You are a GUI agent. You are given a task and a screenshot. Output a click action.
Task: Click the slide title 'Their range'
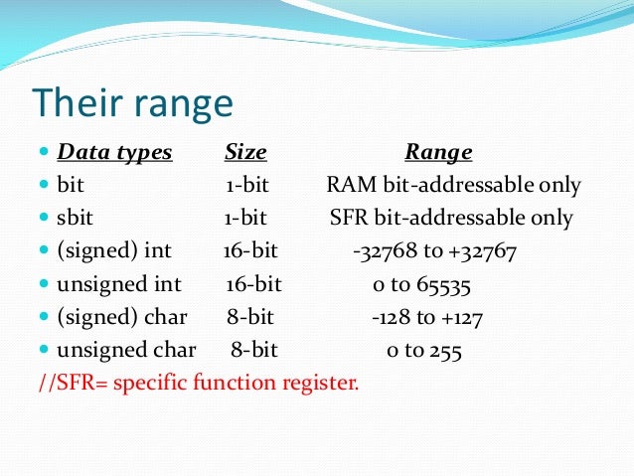tap(132, 104)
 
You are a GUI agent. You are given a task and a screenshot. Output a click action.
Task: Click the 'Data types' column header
tap(114, 153)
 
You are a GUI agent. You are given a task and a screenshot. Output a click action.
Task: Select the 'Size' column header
tap(245, 153)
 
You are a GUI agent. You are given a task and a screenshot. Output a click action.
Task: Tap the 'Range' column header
tap(438, 153)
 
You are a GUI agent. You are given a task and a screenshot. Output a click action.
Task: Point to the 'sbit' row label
tap(76, 218)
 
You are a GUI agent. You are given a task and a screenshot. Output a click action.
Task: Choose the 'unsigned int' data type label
tap(119, 284)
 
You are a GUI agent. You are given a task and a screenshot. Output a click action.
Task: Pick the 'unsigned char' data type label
tap(126, 350)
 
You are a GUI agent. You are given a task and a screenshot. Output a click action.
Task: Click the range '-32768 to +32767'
tap(434, 251)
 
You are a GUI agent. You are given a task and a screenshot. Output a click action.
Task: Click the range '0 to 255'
tap(423, 350)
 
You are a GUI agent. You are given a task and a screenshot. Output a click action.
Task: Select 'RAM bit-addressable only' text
tap(453, 186)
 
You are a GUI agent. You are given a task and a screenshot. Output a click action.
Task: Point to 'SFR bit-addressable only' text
tap(451, 218)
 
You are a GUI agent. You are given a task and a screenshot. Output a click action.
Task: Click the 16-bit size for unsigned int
tap(253, 284)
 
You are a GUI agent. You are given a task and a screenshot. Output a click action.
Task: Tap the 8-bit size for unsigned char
tap(254, 350)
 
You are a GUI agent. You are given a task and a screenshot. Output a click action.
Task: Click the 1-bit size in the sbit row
tap(245, 218)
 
